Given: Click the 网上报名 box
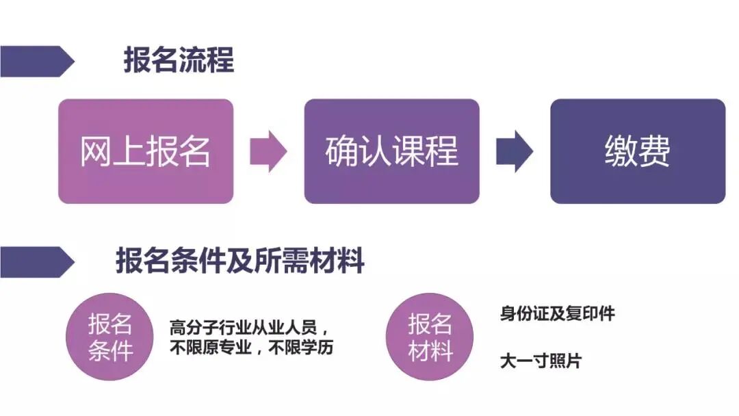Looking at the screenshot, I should point(146,151).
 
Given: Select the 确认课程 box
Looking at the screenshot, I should point(391,151).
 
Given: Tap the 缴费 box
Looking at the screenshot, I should point(637,151).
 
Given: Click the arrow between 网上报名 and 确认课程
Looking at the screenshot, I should point(268,151).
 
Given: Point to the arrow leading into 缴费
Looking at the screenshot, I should point(515,151).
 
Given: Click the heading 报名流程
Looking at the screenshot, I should point(179,60).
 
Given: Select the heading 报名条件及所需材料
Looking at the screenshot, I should point(239,261).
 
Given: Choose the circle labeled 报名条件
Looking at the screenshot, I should point(110,337).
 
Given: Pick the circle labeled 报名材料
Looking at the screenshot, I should point(430,337).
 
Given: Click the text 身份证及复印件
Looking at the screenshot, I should point(558,314).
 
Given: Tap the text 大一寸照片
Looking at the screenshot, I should point(541,361).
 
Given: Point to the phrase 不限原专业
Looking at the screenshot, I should point(209,347).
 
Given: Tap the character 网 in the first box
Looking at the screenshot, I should point(96,151).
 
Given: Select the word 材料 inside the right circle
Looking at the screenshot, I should point(430,351).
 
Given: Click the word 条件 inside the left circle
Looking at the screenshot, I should point(110,351).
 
